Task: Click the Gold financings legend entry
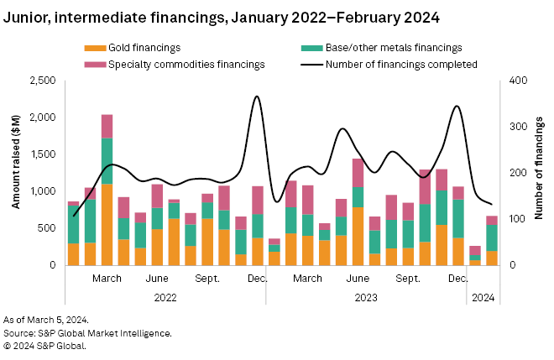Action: point(144,48)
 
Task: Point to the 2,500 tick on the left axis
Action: point(42,81)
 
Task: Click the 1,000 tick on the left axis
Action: point(42,191)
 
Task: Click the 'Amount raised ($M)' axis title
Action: point(16,173)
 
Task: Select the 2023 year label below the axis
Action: point(366,296)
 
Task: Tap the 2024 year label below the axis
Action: point(483,296)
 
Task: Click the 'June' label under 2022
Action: point(157,278)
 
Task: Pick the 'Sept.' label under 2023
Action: point(408,278)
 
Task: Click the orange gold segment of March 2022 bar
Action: point(107,224)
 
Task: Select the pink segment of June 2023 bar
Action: point(358,173)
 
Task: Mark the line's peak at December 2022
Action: point(257,97)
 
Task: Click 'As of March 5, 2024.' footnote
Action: point(46,321)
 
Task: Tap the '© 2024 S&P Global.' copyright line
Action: point(44,344)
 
